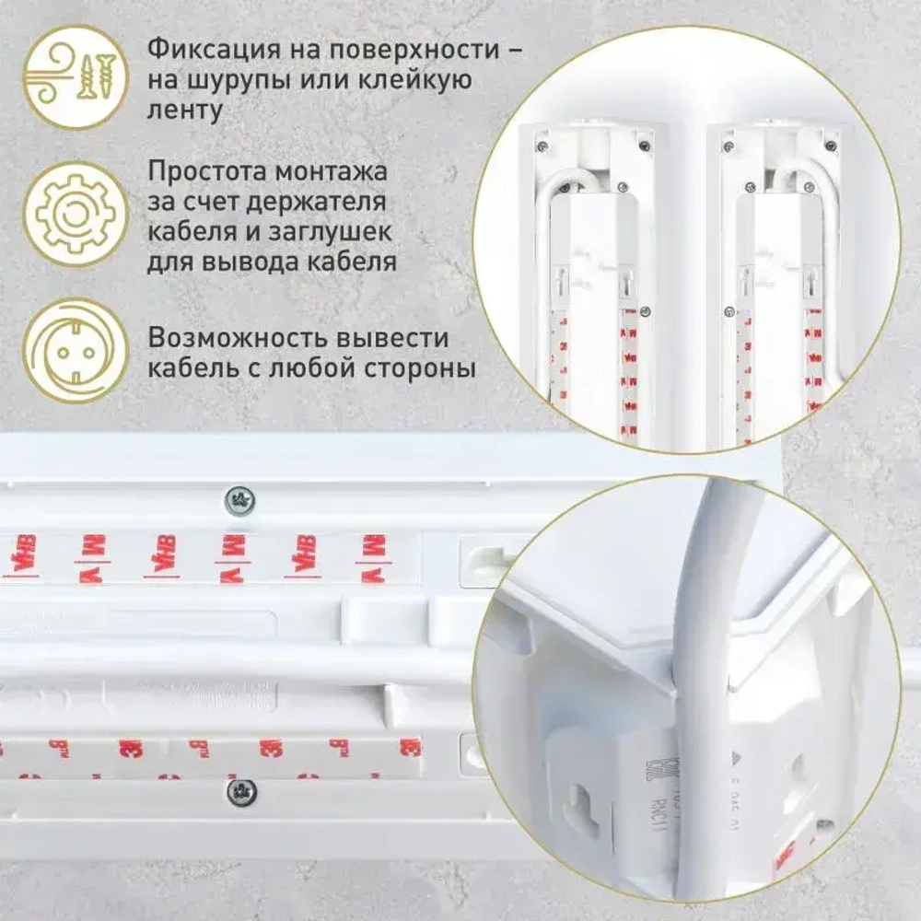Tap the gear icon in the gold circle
tap(73, 214)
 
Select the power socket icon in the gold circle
tap(73, 350)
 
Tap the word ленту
tap(184, 111)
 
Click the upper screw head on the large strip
tap(240, 501)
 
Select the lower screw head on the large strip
tap(241, 791)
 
